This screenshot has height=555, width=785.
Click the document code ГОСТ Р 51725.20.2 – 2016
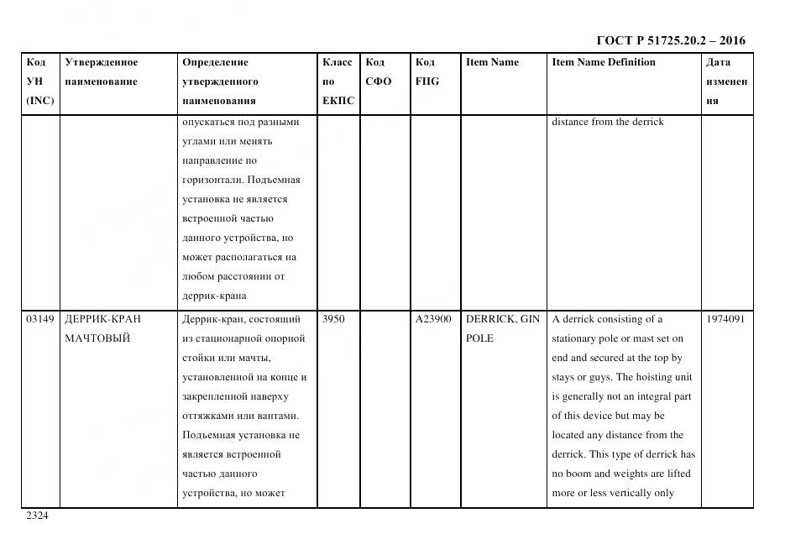point(670,40)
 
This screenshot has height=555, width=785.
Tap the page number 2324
point(37,516)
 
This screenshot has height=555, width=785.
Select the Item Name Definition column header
point(603,62)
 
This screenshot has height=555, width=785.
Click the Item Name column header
point(492,62)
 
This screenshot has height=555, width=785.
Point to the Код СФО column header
point(379,72)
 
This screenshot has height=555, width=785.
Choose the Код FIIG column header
point(427,72)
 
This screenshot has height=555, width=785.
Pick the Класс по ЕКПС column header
point(338,81)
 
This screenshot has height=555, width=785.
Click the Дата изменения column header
point(725,81)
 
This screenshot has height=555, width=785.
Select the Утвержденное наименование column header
point(102,72)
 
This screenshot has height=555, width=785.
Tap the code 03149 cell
point(40,320)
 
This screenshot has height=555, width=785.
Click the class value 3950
point(333,320)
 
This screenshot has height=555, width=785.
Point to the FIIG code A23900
point(433,320)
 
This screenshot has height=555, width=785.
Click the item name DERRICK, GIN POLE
point(502,329)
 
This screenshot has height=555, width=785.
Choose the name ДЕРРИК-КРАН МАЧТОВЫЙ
point(103,329)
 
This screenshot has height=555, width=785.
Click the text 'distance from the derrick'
point(607,122)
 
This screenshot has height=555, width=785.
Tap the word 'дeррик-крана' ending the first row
point(213,296)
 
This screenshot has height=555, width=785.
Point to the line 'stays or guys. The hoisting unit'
point(621,378)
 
